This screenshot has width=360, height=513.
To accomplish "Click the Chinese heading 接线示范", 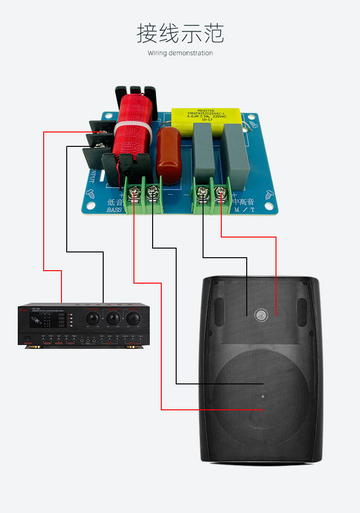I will coord(180,34).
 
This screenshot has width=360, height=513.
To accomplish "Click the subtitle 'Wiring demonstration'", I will coord(180,53).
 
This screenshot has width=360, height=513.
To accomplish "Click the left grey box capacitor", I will coord(204,149).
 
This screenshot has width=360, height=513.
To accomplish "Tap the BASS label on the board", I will coord(114,210).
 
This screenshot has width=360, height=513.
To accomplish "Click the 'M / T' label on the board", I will coord(243,210).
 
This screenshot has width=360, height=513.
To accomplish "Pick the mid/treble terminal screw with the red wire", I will coord(220,193).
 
